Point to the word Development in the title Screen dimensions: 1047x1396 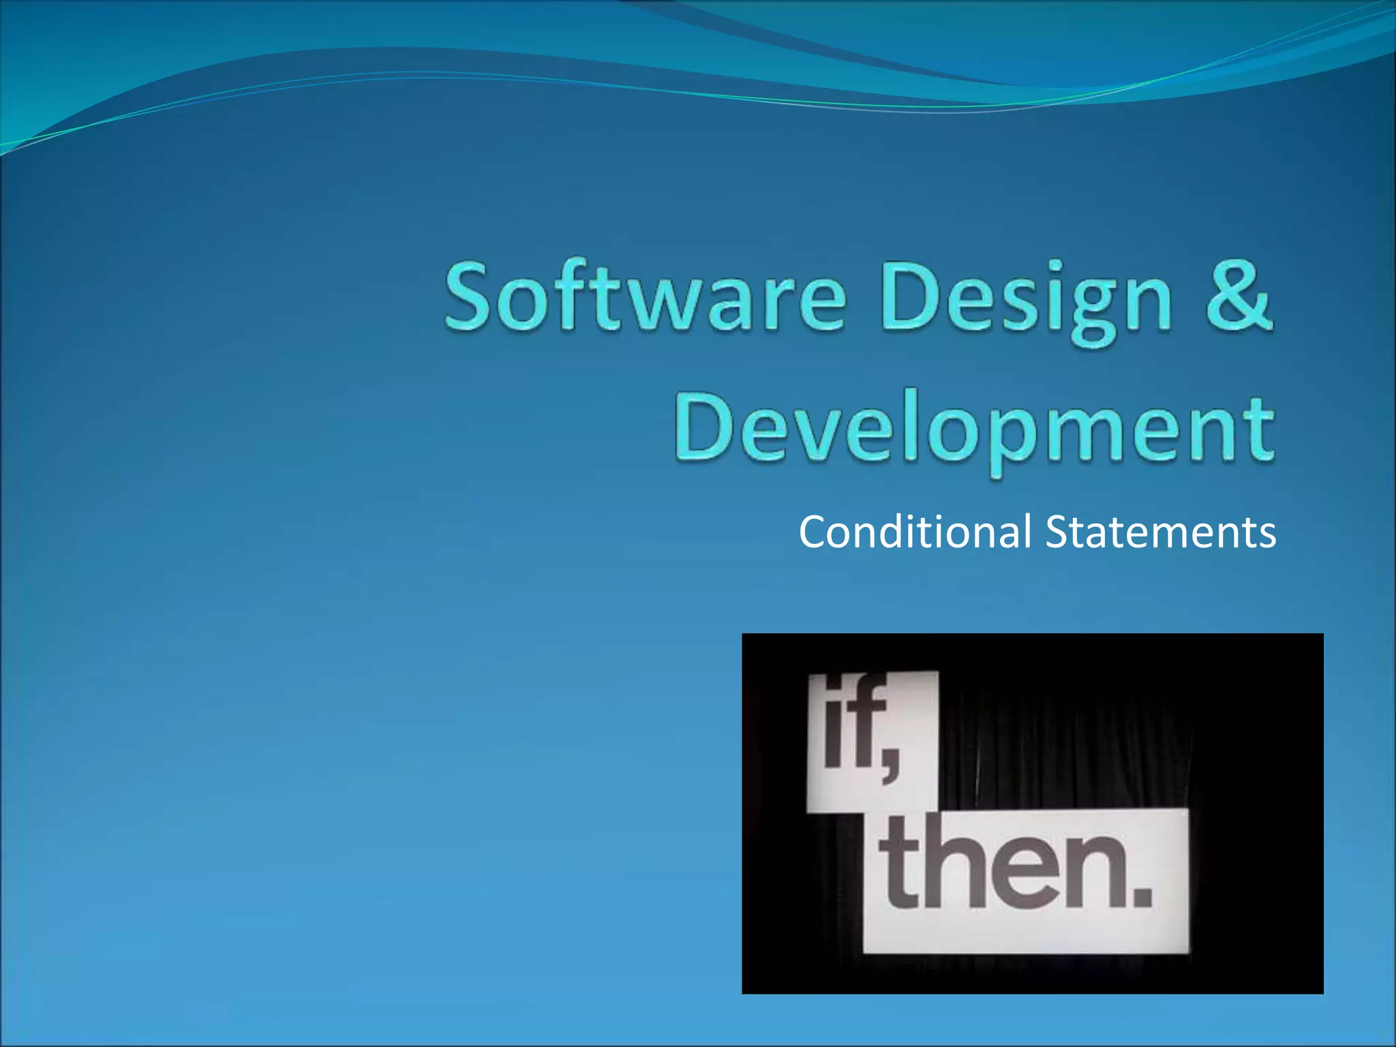click(x=973, y=429)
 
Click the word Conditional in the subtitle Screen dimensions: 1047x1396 click(x=915, y=532)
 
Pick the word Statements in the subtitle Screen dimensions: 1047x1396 click(x=1160, y=532)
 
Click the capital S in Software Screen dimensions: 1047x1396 click(x=471, y=297)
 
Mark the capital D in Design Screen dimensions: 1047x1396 click(x=910, y=297)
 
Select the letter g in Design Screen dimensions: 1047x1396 click(x=1093, y=310)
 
